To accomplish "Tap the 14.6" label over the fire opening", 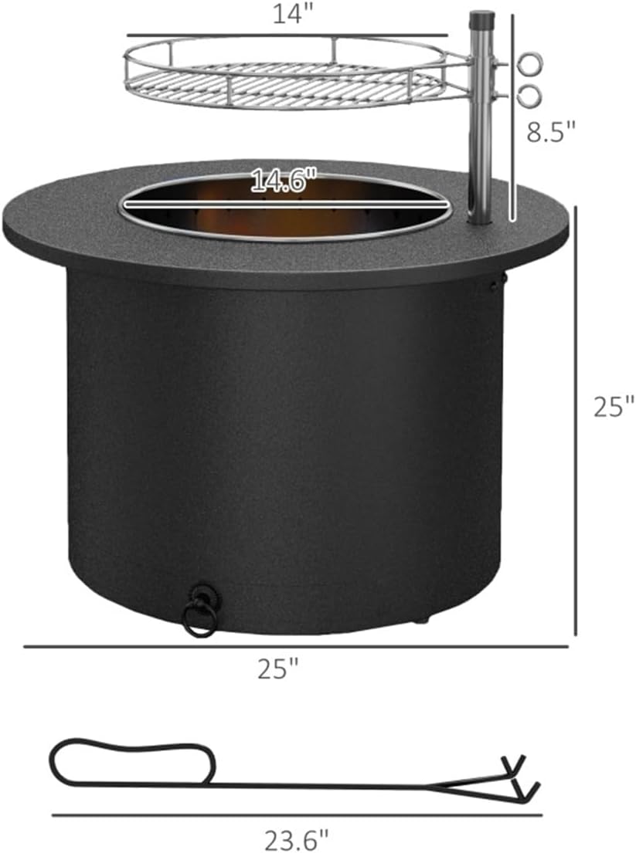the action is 284,181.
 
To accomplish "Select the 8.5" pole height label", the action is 550,132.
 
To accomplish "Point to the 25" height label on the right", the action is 614,406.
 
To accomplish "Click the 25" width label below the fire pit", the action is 278,669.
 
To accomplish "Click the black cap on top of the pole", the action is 481,19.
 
